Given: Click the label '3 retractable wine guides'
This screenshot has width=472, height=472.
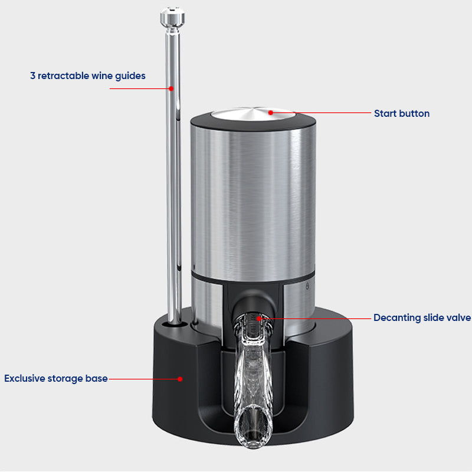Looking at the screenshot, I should tap(88, 76).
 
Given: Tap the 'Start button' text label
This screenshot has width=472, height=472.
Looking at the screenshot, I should tap(401, 113).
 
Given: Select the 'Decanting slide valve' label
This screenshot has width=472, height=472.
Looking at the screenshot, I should tap(422, 318).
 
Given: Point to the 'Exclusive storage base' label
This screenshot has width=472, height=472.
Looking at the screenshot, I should tap(56, 378).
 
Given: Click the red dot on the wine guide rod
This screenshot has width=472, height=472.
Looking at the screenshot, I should tap(171, 88).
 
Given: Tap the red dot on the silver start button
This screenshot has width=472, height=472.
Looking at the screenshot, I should tap(271, 112).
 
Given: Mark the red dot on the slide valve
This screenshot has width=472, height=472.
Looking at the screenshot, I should tap(258, 318).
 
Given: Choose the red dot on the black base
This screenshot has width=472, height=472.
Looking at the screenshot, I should tap(181, 379).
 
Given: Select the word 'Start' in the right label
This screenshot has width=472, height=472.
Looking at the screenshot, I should tap(385, 113).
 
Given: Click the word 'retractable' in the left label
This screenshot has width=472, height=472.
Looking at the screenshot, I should tap(64, 76).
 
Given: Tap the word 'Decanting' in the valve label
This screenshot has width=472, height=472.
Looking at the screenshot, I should tap(397, 318).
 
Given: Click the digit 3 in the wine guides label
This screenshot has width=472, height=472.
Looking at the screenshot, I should tap(33, 76).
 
